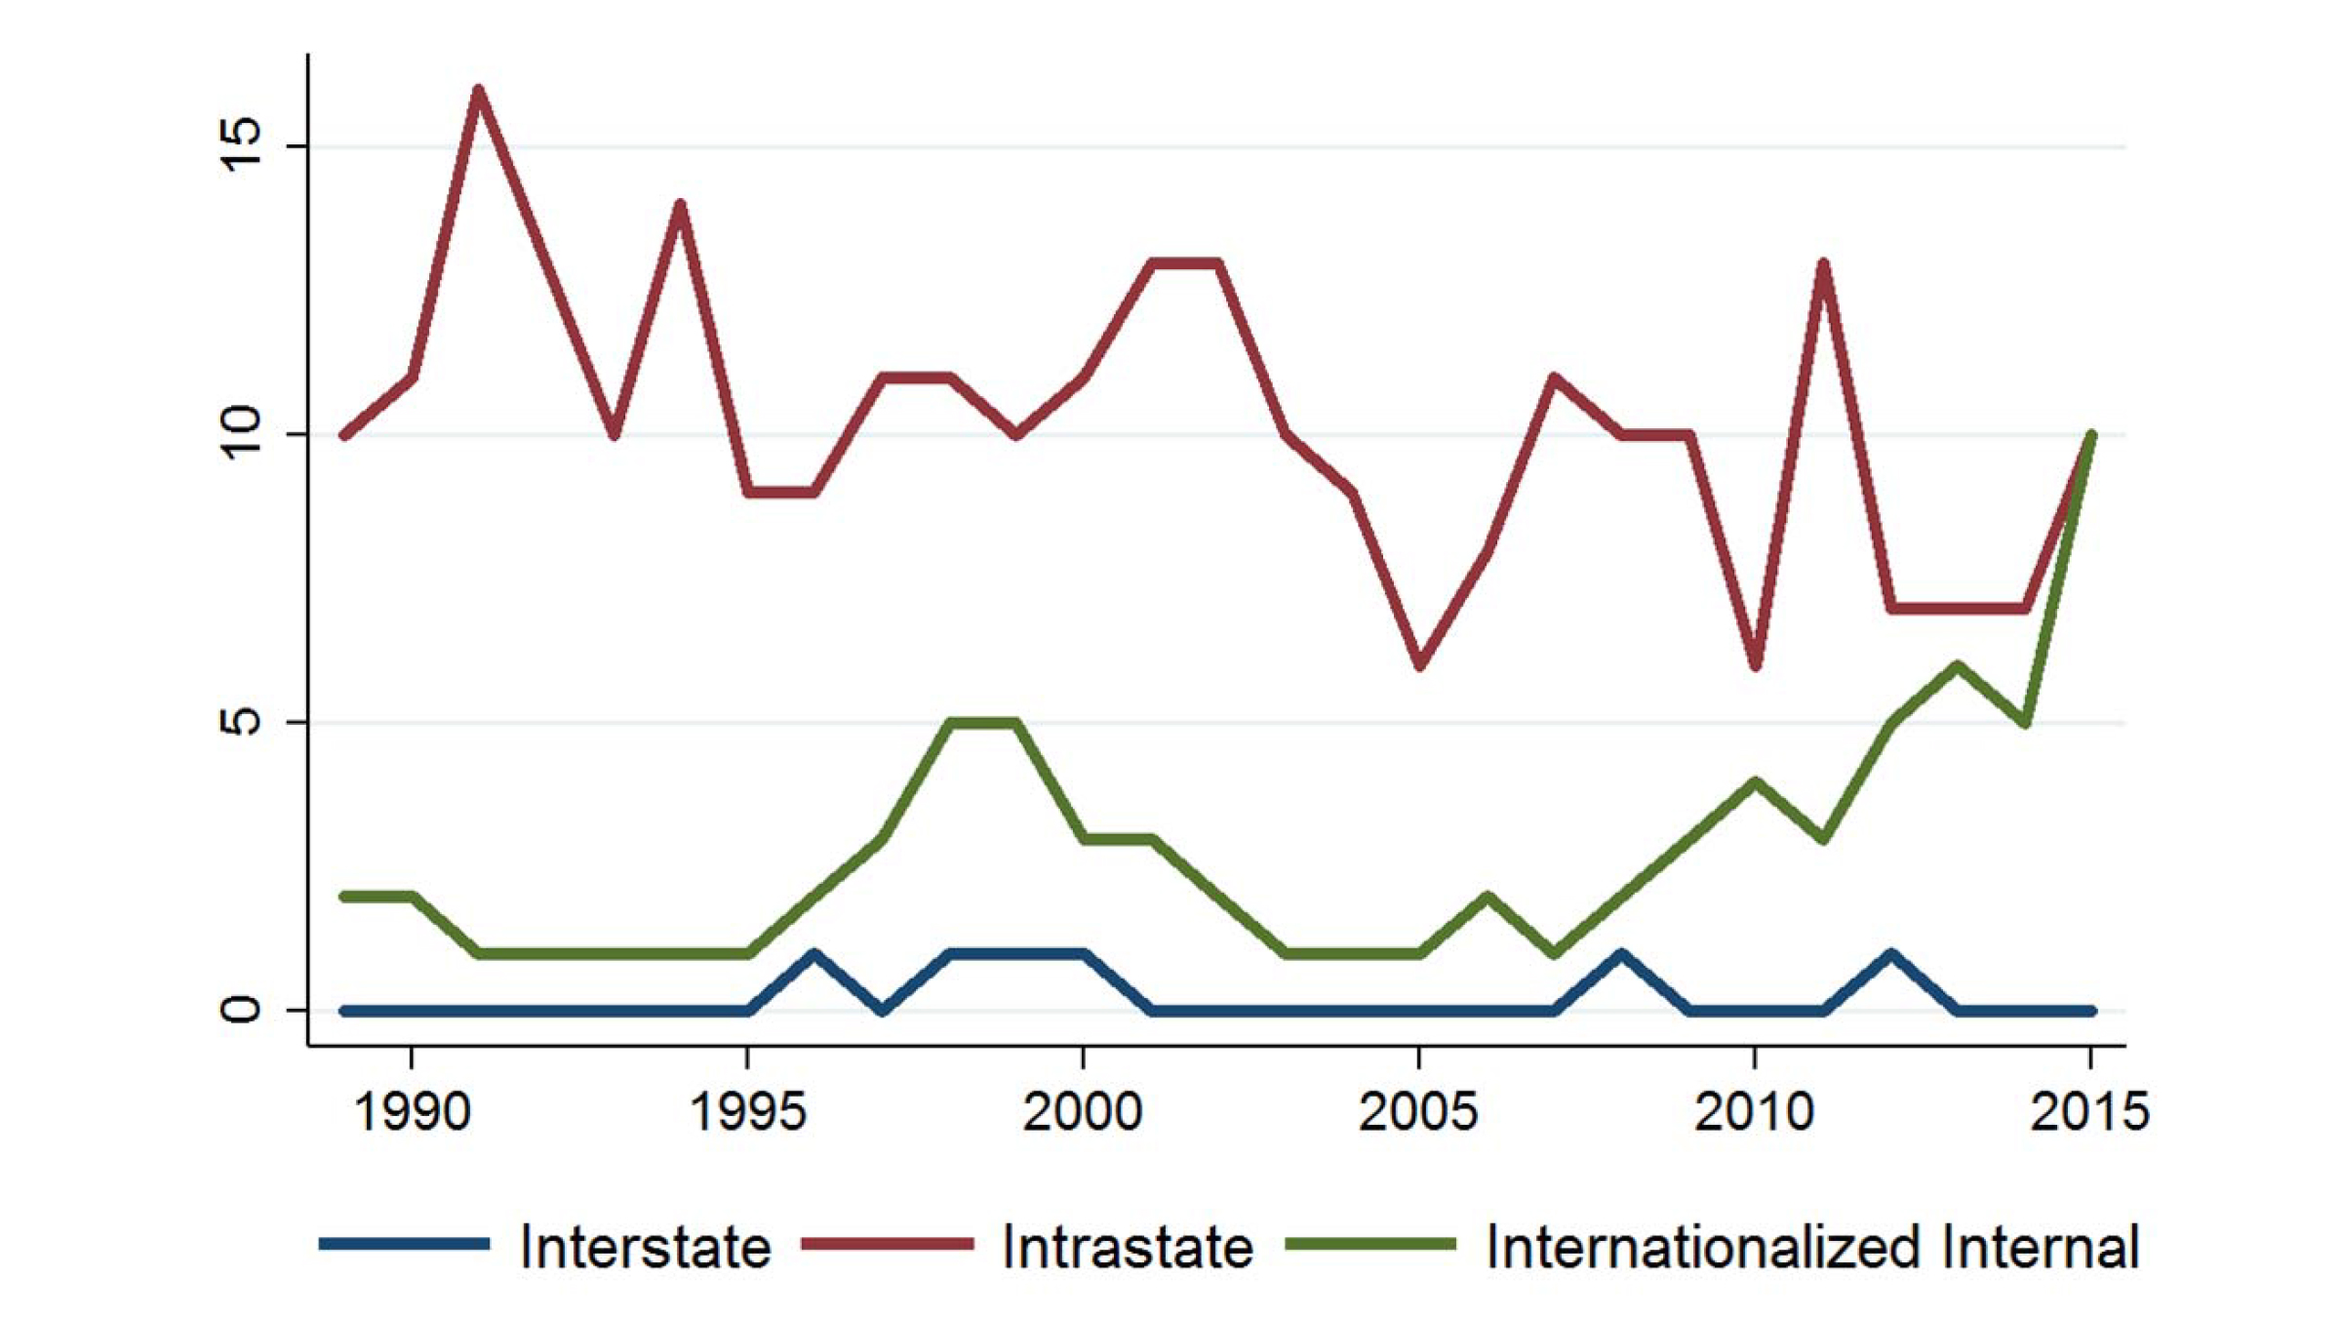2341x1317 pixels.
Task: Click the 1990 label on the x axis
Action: pyautogui.click(x=412, y=1112)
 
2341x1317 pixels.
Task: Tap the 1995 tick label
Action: pyautogui.click(x=747, y=1112)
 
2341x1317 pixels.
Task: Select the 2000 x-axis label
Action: pyautogui.click(x=1083, y=1112)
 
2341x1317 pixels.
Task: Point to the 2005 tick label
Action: pyautogui.click(x=1418, y=1112)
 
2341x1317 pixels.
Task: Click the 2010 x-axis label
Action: pyautogui.click(x=1754, y=1112)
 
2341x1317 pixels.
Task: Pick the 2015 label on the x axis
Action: pyautogui.click(x=2089, y=1112)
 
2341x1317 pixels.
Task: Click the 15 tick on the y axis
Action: pyautogui.click(x=241, y=146)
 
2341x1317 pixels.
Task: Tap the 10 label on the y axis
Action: pyautogui.click(x=241, y=434)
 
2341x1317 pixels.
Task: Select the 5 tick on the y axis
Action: pyautogui.click(x=241, y=722)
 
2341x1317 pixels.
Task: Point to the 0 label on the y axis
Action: pyautogui.click(x=241, y=1010)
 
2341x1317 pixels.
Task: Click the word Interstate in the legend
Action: pyautogui.click(x=645, y=1247)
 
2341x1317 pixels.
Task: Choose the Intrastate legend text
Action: pyautogui.click(x=1127, y=1247)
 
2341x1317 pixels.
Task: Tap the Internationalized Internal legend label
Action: pyautogui.click(x=1811, y=1247)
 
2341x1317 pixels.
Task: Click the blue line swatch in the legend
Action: pyautogui.click(x=404, y=1244)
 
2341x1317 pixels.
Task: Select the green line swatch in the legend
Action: pyautogui.click(x=1370, y=1244)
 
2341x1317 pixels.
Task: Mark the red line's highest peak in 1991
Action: pyautogui.click(x=478, y=91)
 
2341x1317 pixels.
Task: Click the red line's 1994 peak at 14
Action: pyautogui.click(x=680, y=205)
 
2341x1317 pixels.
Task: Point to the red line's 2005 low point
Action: pyautogui.click(x=1419, y=665)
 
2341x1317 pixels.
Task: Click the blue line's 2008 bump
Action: pyautogui.click(x=1620, y=953)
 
